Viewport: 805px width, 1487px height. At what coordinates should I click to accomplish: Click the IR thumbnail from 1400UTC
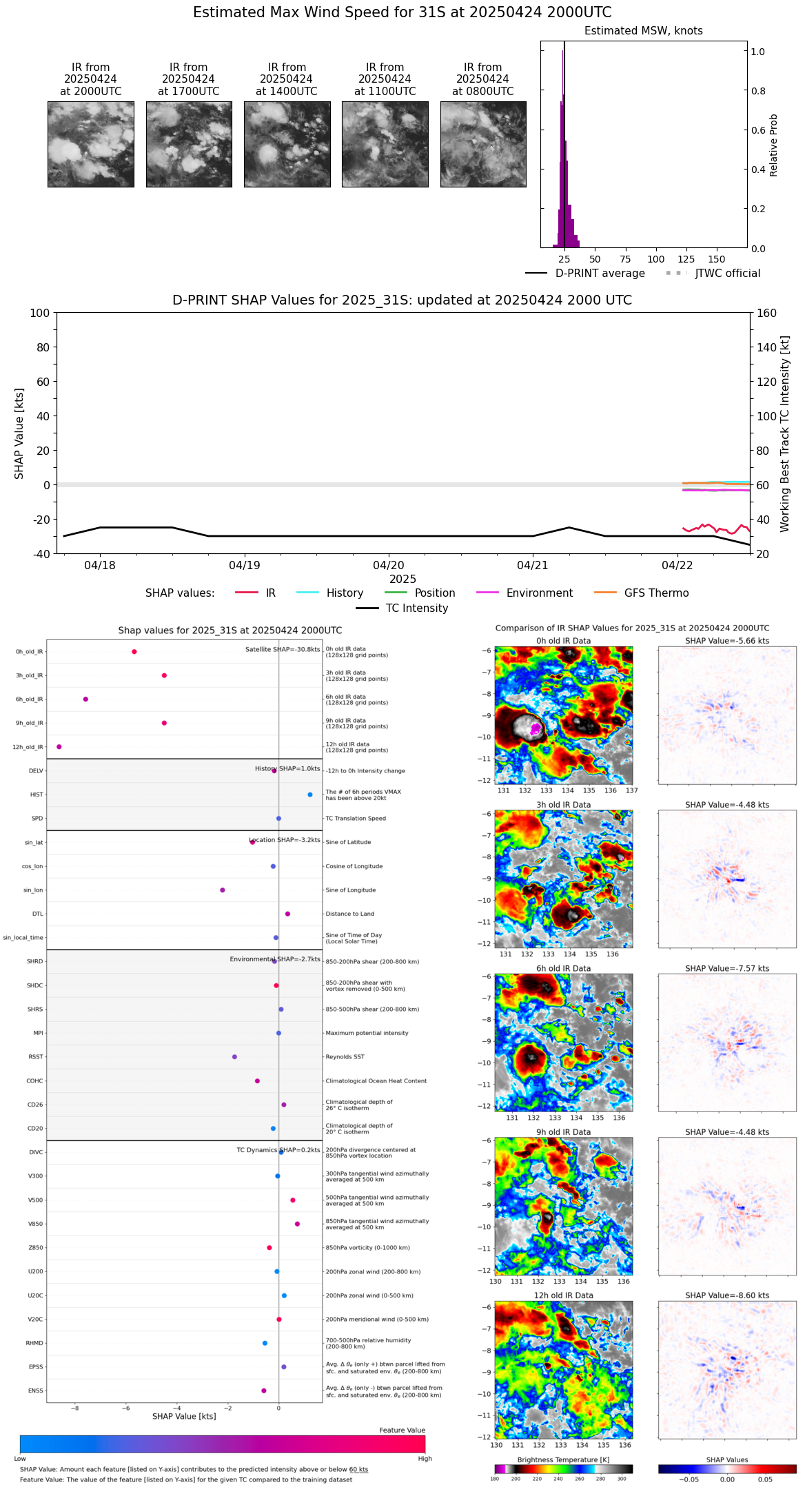click(287, 144)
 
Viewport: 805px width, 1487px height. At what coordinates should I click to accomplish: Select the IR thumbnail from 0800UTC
click(483, 144)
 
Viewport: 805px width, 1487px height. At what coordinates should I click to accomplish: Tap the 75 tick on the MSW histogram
click(625, 260)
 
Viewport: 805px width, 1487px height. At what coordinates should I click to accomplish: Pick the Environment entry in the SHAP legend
click(539, 593)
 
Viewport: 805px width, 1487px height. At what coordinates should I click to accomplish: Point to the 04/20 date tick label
click(389, 566)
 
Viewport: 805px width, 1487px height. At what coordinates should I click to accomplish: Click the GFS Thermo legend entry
click(656, 593)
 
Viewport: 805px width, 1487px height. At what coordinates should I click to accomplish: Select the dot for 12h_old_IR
click(59, 747)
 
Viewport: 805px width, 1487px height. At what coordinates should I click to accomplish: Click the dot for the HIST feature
click(310, 794)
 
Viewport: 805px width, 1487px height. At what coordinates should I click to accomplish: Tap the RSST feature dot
click(234, 1057)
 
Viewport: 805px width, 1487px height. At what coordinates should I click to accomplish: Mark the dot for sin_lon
click(223, 890)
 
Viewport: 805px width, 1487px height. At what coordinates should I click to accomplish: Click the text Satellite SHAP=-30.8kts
click(283, 650)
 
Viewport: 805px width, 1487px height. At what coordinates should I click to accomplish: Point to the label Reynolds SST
click(345, 1057)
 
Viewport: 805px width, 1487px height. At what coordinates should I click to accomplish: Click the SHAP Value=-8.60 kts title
click(727, 1295)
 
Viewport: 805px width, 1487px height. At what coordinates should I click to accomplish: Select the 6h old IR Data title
click(563, 968)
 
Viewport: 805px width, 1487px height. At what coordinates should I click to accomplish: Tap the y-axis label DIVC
click(36, 1152)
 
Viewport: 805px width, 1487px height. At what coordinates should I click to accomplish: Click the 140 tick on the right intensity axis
click(767, 347)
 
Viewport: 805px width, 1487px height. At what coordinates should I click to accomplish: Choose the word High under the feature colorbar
click(425, 1459)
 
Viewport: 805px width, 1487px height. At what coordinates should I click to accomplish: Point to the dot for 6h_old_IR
click(85, 699)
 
